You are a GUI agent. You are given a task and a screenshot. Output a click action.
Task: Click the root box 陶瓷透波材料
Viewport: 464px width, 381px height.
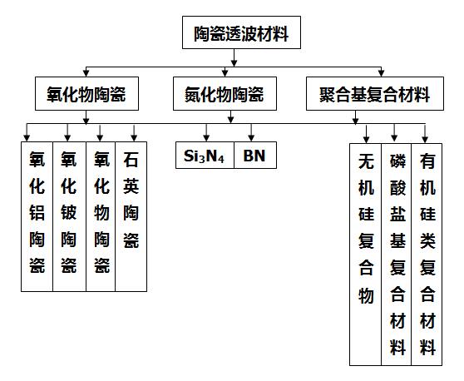point(241,32)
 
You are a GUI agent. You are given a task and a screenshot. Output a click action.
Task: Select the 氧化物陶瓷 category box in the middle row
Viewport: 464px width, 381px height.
point(86,93)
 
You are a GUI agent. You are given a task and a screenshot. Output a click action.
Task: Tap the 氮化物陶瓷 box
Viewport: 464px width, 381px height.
point(225,93)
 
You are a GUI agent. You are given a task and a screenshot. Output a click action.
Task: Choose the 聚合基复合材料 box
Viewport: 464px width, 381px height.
point(375,93)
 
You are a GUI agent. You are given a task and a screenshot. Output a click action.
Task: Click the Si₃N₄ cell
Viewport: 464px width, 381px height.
point(205,155)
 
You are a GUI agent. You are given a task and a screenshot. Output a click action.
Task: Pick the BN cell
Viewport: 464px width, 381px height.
point(255,155)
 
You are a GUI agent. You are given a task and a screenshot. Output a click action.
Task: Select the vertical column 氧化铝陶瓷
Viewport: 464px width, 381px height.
point(37,216)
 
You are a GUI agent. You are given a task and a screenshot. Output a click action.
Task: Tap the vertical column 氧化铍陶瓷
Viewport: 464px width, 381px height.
point(70,216)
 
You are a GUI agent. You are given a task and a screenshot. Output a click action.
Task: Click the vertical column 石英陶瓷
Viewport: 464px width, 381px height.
point(131,216)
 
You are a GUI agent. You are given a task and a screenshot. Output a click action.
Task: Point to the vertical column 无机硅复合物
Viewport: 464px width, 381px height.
point(365,255)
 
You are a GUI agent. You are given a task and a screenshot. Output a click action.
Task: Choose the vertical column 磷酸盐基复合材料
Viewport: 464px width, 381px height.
point(397,255)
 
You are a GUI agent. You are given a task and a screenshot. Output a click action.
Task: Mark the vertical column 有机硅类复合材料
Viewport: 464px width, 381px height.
point(427,255)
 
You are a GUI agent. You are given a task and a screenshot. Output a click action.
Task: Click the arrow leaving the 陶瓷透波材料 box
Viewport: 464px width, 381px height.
point(234,57)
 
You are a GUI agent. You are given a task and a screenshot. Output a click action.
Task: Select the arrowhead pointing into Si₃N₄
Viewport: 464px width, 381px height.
point(206,137)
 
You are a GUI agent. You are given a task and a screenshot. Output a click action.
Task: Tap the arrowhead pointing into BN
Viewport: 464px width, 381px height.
point(251,137)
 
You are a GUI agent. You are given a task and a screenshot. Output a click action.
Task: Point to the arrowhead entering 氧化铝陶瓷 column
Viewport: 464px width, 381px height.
point(27,137)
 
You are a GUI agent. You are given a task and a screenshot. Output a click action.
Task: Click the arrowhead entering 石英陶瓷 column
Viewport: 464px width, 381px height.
point(134,137)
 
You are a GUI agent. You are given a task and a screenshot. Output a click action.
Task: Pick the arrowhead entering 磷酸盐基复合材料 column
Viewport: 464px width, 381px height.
point(394,137)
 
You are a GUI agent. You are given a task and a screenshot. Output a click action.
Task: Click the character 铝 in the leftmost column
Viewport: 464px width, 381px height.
point(37,213)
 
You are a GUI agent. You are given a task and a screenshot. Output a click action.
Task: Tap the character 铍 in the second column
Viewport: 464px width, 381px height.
point(69,213)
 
